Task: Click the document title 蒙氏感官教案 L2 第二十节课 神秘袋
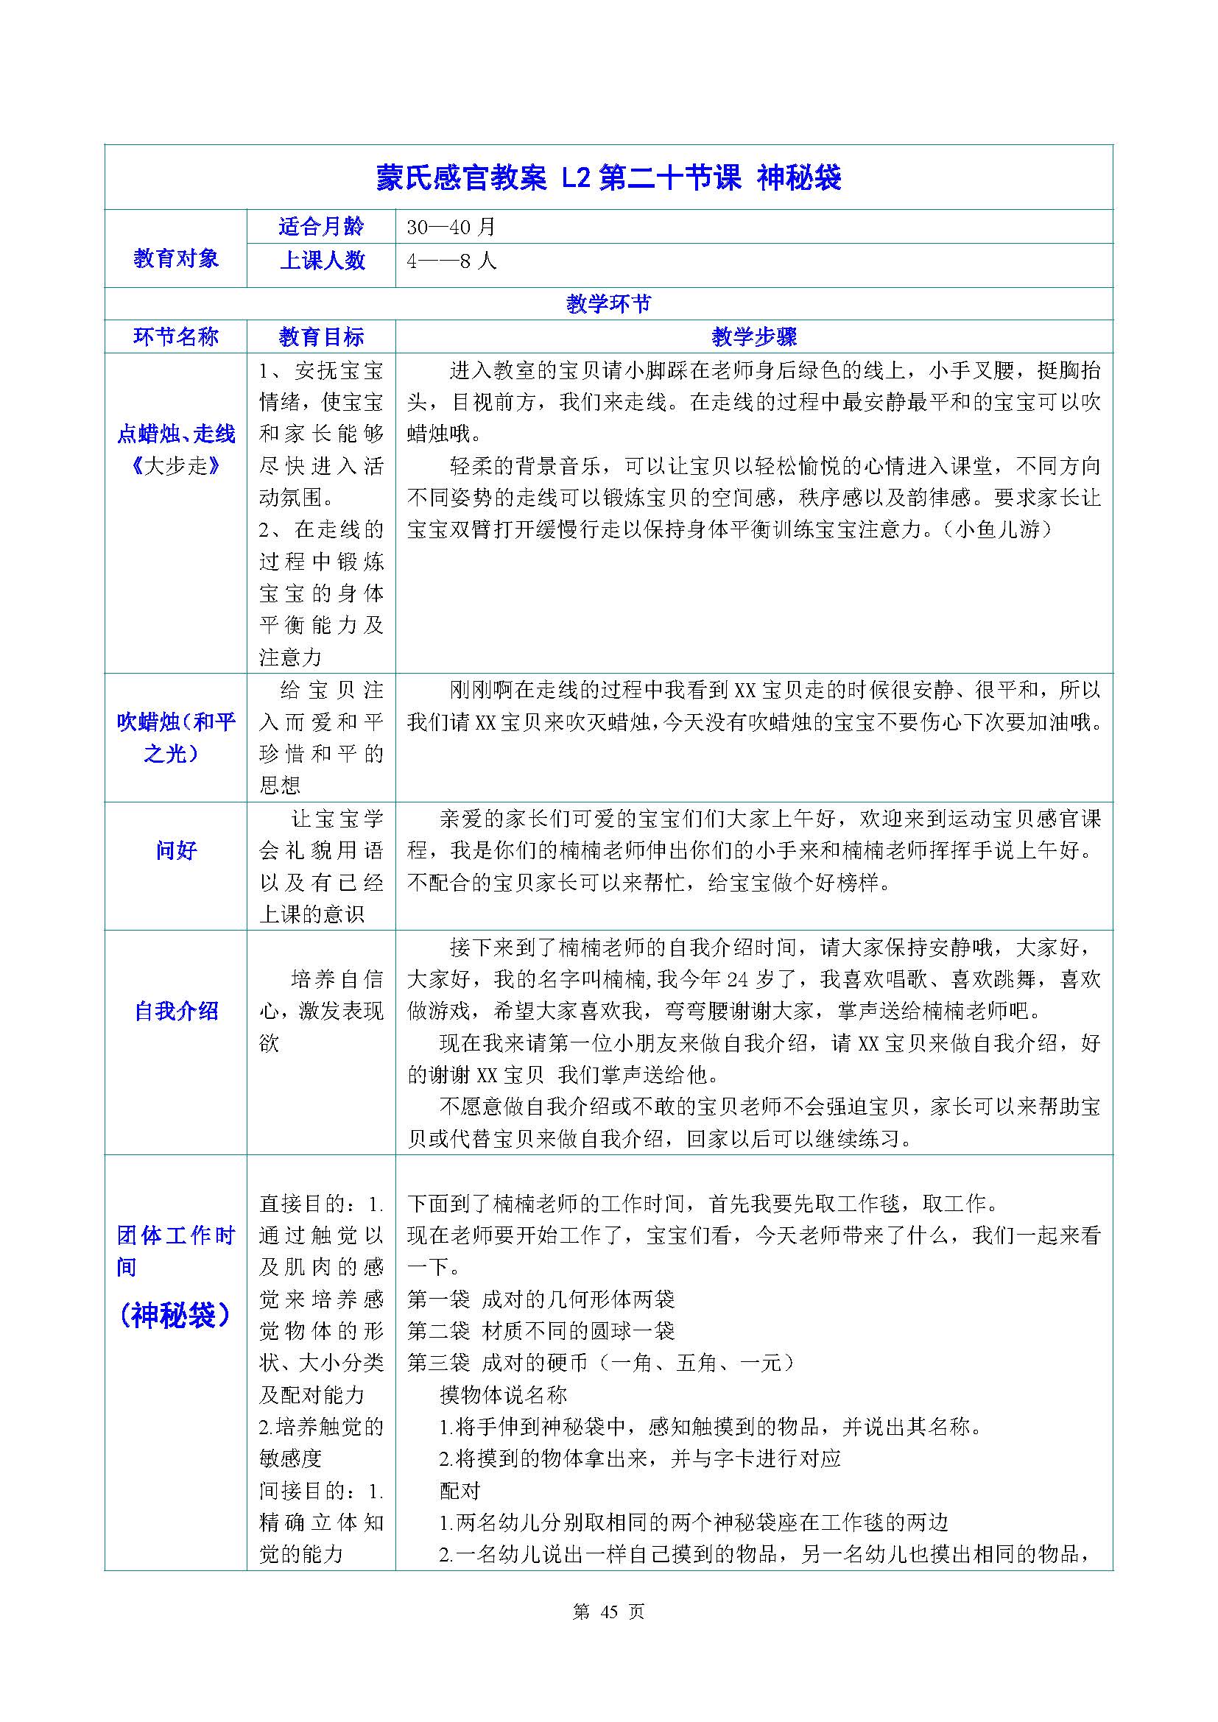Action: click(x=608, y=177)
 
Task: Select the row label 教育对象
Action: click(x=175, y=258)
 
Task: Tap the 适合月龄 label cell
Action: click(x=321, y=227)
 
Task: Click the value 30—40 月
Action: click(x=451, y=227)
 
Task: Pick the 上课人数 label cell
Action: click(x=321, y=260)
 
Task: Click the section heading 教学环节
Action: click(x=608, y=304)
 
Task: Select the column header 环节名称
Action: click(x=175, y=336)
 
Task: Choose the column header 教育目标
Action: click(x=321, y=336)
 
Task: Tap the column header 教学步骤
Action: click(x=754, y=336)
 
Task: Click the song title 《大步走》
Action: click(x=175, y=466)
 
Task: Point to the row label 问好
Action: click(x=175, y=850)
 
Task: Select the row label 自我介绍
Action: click(x=175, y=1011)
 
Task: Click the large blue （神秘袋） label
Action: click(x=175, y=1315)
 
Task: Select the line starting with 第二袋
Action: click(x=541, y=1331)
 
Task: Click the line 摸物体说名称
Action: click(x=502, y=1395)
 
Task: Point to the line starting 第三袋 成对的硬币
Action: click(x=600, y=1363)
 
